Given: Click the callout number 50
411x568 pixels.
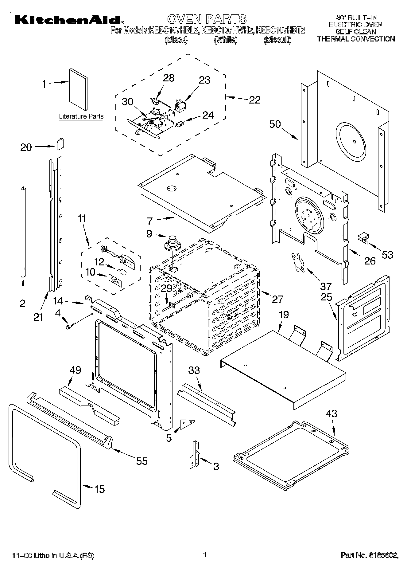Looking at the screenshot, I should (275, 124).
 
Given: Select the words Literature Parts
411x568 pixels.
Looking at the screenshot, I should (81, 116).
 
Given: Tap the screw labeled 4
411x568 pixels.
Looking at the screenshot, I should (69, 326).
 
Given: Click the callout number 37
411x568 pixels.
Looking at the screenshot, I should (326, 286).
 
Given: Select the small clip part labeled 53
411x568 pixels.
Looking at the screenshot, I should (363, 239).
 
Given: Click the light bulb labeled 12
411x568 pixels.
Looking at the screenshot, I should (122, 272).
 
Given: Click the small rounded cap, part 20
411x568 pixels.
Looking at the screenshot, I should (60, 143).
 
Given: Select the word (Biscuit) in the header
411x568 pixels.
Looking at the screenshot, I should (277, 40).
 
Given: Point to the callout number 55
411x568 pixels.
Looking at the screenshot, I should (142, 461).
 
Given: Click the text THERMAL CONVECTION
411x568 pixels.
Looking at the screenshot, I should (355, 39).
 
